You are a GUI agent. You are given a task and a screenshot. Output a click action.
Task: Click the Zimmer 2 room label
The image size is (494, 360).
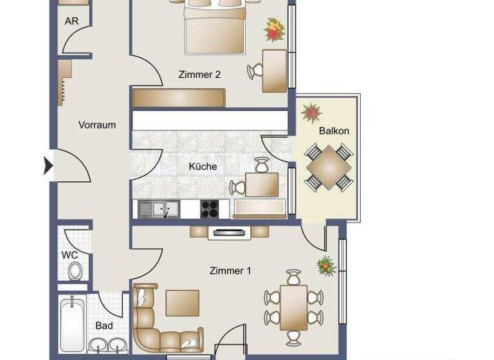point(199,75)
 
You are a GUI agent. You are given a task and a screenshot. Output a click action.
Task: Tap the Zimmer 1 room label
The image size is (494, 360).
point(230,271)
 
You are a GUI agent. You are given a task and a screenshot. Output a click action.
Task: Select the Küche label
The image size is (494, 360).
point(203,166)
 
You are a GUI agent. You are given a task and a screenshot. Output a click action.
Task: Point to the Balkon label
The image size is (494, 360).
point(334,130)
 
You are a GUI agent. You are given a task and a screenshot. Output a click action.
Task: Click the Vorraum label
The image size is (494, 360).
point(97,125)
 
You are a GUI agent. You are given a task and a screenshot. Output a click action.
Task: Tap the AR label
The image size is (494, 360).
point(71,21)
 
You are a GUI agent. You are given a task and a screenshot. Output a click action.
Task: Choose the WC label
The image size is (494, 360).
point(69,255)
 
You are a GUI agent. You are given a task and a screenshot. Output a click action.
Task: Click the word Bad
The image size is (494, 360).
point(104,326)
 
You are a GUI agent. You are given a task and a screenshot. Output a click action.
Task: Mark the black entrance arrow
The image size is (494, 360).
point(48,166)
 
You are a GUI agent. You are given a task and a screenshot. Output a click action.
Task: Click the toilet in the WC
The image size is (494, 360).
point(75,271)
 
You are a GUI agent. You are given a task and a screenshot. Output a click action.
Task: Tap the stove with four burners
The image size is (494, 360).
point(210,209)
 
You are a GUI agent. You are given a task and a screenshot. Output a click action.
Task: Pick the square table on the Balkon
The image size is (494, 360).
point(328,167)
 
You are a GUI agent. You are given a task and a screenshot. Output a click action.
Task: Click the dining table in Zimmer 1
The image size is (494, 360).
point(293,307)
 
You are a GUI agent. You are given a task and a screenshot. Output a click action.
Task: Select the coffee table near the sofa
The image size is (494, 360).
point(182,303)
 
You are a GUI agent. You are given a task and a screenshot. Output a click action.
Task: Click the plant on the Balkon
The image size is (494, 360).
point(311,113)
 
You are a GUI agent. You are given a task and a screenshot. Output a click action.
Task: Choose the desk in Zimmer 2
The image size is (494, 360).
point(275,71)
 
